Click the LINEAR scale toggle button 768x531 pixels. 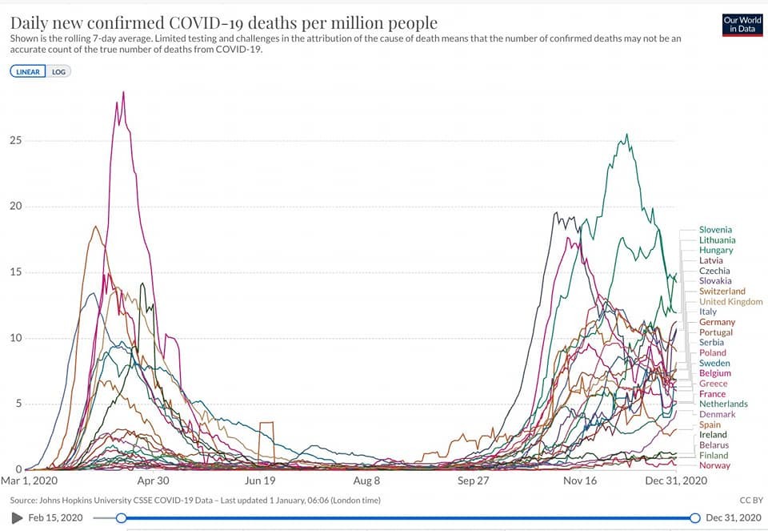pyautogui.click(x=29, y=71)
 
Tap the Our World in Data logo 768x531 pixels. pyautogui.click(x=742, y=25)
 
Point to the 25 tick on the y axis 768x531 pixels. pyautogui.click(x=15, y=141)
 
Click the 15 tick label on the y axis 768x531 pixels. pyautogui.click(x=15, y=272)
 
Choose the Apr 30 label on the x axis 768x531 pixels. pyautogui.click(x=153, y=481)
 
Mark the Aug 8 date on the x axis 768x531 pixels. pyautogui.click(x=366, y=481)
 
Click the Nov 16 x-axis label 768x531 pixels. pyautogui.click(x=580, y=481)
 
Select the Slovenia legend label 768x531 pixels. pyautogui.click(x=715, y=230)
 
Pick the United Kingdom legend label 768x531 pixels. pyautogui.click(x=730, y=302)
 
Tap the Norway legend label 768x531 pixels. pyautogui.click(x=714, y=465)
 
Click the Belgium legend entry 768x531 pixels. pyautogui.click(x=714, y=373)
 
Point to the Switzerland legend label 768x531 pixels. pyautogui.click(x=722, y=292)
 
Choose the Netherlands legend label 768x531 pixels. pyautogui.click(x=723, y=404)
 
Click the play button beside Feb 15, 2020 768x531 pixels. pyautogui.click(x=17, y=518)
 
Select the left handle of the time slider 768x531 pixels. pyautogui.click(x=122, y=518)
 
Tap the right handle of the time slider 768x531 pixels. pyautogui.click(x=694, y=518)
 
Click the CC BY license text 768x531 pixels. pyautogui.click(x=751, y=501)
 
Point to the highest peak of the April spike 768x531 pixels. pyautogui.click(x=123, y=92)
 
